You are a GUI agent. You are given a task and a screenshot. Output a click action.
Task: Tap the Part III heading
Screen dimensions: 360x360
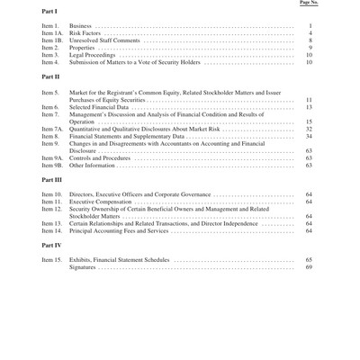[x=51, y=179]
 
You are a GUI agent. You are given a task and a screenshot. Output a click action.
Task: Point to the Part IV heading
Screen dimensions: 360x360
[x=51, y=245]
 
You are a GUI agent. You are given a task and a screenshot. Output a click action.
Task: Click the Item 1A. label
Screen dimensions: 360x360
[x=52, y=33]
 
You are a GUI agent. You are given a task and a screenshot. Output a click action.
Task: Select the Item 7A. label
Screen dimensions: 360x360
[x=52, y=129]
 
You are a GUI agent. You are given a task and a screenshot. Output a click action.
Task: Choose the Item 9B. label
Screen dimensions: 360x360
[x=52, y=166]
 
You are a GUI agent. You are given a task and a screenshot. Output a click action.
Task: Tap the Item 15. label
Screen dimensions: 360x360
[x=52, y=259]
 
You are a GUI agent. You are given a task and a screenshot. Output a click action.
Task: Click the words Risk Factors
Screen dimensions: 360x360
[x=85, y=33]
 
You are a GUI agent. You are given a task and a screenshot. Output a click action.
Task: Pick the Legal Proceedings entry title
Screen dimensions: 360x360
[x=93, y=55]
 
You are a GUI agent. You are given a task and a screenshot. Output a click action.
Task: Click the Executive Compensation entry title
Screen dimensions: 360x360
[x=102, y=202]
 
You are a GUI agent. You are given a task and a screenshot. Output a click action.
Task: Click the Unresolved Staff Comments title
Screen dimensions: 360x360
[x=104, y=40]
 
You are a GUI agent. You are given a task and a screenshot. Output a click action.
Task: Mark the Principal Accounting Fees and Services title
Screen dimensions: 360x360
[x=119, y=231]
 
